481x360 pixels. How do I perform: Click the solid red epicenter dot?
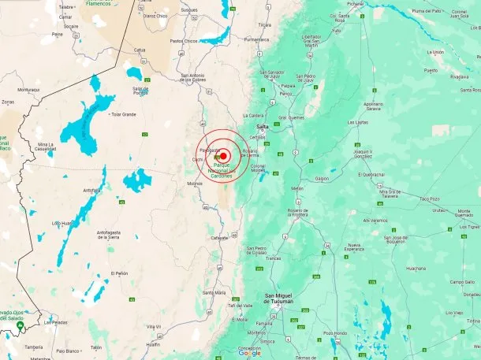(224, 156)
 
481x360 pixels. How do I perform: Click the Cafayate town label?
(219, 237)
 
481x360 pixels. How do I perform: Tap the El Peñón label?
(119, 273)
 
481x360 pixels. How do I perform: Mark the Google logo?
(249, 353)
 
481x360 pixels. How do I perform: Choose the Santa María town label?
(214, 292)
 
